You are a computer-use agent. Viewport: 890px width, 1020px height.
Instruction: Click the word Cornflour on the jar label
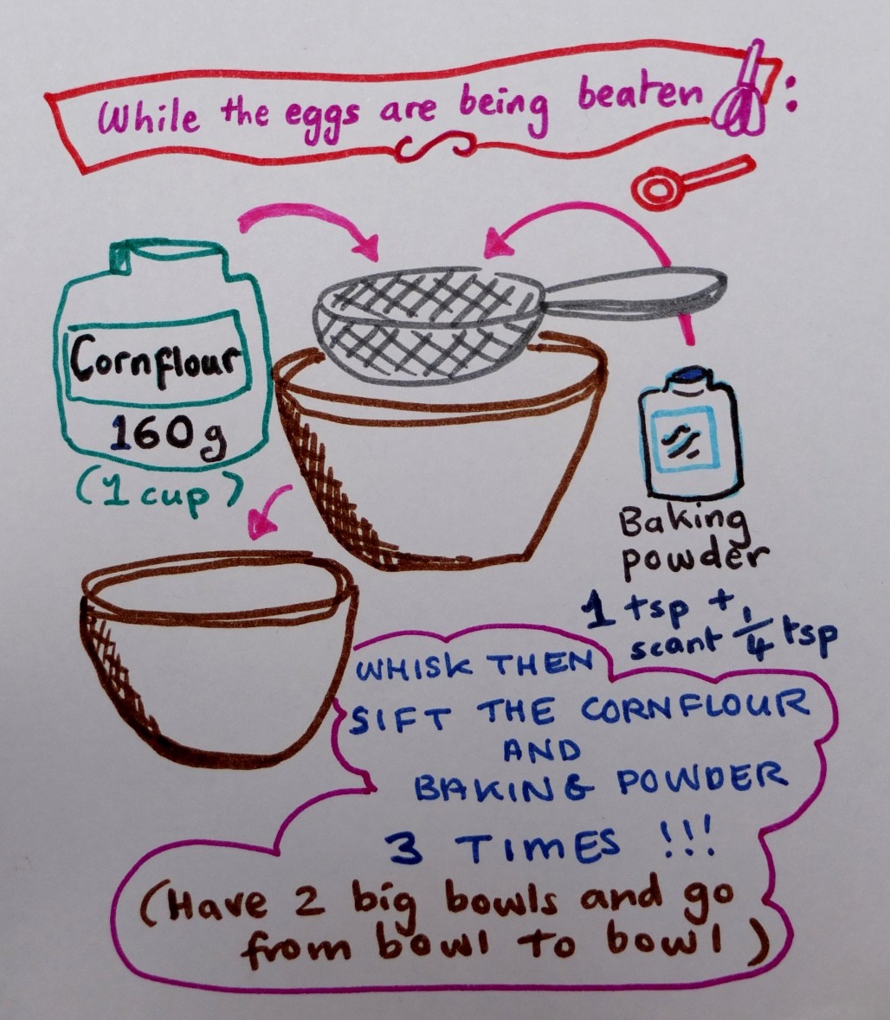tap(155, 360)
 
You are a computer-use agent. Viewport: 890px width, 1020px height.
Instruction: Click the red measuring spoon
tap(693, 180)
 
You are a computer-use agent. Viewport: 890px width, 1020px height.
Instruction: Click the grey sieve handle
tap(635, 290)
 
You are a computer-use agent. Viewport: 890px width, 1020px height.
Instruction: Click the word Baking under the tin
tap(681, 523)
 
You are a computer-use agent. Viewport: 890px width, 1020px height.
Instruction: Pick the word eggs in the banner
tap(321, 116)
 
